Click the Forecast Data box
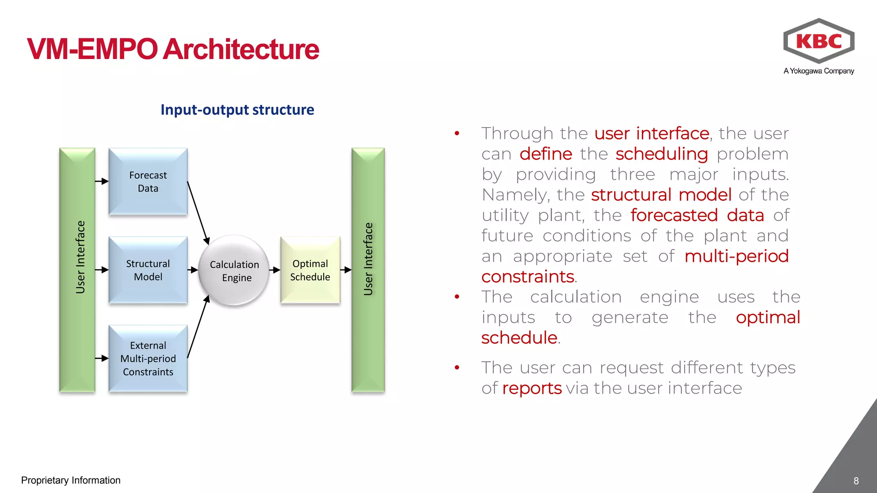click(148, 181)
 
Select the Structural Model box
click(148, 270)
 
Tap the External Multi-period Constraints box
click(148, 359)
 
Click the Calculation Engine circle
click(234, 270)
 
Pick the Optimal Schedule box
click(310, 270)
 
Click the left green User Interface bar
click(77, 270)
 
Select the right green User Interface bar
click(368, 270)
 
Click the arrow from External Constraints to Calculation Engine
click(198, 327)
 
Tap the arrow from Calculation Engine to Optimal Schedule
click(274, 270)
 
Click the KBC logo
click(819, 41)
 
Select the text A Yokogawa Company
click(819, 71)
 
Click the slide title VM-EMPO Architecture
click(173, 49)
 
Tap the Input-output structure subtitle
click(237, 110)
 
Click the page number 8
click(856, 481)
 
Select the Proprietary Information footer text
click(71, 480)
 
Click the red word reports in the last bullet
click(531, 388)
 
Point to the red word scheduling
click(662, 154)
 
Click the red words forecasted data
click(697, 215)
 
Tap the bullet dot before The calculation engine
click(457, 297)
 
